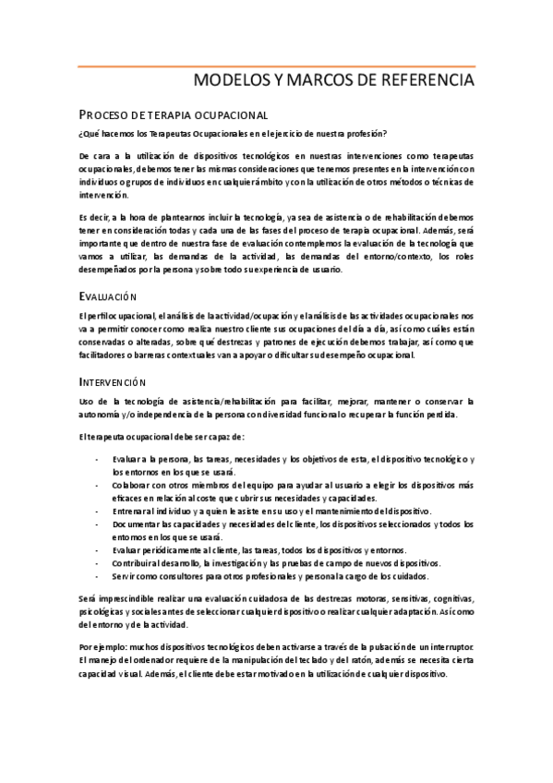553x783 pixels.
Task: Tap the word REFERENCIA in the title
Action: pyautogui.click(x=428, y=81)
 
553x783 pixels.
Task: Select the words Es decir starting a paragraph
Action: pyautogui.click(x=93, y=217)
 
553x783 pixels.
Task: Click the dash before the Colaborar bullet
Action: pyautogui.click(x=98, y=483)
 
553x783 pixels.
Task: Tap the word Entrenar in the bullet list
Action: pyautogui.click(x=130, y=510)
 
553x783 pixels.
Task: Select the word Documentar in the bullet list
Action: pyautogui.click(x=138, y=524)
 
